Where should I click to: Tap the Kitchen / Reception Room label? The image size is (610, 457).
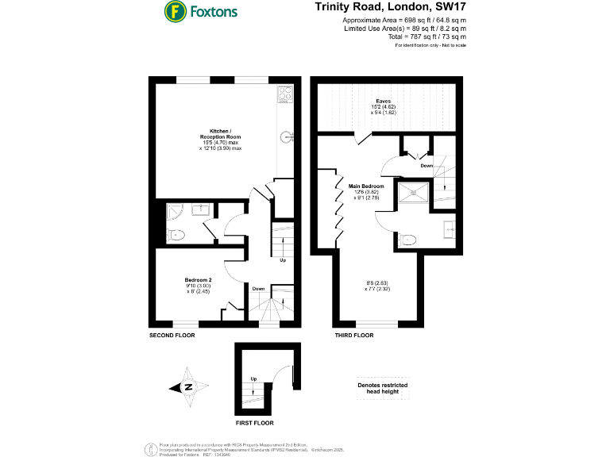pyautogui.click(x=220, y=140)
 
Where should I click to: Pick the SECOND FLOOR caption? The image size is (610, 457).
pyautogui.click(x=172, y=336)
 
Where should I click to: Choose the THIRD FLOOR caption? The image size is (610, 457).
pyautogui.click(x=352, y=336)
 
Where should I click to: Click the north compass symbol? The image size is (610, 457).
pyautogui.click(x=189, y=387)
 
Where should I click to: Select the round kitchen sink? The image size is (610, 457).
pyautogui.click(x=288, y=136)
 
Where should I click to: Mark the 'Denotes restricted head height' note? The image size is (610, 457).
pyautogui.click(x=384, y=389)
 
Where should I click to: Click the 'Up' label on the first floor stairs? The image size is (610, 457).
pyautogui.click(x=254, y=378)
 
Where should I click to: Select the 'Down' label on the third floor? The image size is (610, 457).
pyautogui.click(x=427, y=166)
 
